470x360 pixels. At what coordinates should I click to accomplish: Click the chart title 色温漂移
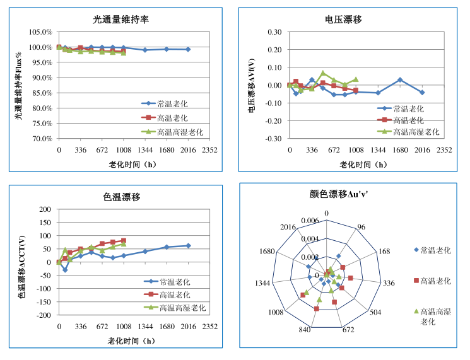point(121,197)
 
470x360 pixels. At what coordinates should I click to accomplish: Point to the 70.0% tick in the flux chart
point(40,139)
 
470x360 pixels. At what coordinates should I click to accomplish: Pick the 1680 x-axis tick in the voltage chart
point(400,151)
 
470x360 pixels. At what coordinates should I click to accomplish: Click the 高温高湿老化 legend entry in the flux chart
point(180,132)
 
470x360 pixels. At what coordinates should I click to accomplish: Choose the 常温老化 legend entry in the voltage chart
point(408,108)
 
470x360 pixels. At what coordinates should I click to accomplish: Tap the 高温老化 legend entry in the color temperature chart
point(182,294)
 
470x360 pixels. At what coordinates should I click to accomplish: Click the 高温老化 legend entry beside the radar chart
point(435,281)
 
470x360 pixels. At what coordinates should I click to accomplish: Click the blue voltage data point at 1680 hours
point(400,80)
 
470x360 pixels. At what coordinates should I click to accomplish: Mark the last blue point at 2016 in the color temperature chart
point(188,245)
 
